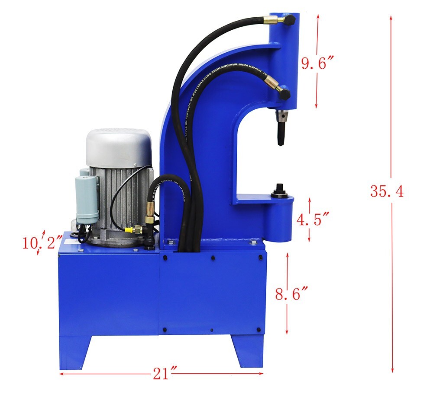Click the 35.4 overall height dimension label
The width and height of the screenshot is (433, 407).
(x=387, y=191)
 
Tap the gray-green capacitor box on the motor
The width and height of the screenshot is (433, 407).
(x=87, y=199)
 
